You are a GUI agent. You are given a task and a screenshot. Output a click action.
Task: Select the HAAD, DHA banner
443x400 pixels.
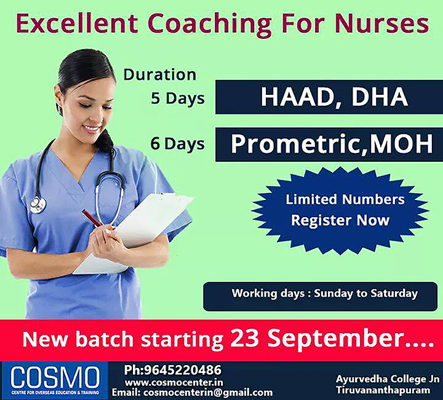(x=329, y=97)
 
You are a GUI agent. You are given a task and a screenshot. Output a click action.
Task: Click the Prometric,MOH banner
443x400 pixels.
(x=329, y=144)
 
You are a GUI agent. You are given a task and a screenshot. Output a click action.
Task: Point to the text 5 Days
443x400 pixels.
(x=178, y=98)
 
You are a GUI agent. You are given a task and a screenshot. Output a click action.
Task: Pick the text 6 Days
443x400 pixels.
(x=178, y=144)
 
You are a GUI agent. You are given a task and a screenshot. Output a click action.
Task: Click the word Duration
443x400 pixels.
(x=160, y=74)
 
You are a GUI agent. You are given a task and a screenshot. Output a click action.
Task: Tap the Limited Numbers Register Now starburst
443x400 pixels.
(x=340, y=209)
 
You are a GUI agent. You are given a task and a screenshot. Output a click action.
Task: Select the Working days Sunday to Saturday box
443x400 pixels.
(x=324, y=294)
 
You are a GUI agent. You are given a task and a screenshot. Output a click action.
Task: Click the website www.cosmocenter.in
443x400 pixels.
(x=174, y=382)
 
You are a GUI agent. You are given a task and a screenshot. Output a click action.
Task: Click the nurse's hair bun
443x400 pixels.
(x=105, y=143)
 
